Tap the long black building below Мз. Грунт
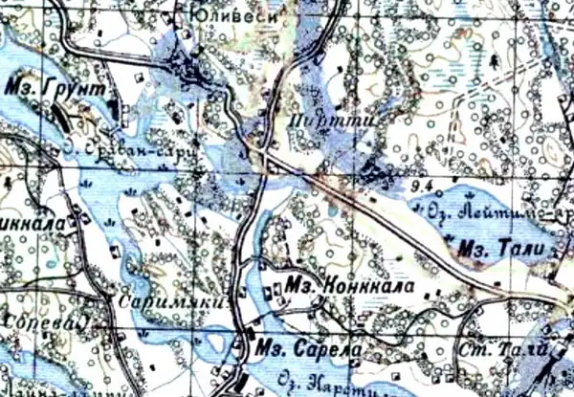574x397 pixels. (60, 119)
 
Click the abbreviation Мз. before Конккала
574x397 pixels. (300, 285)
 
